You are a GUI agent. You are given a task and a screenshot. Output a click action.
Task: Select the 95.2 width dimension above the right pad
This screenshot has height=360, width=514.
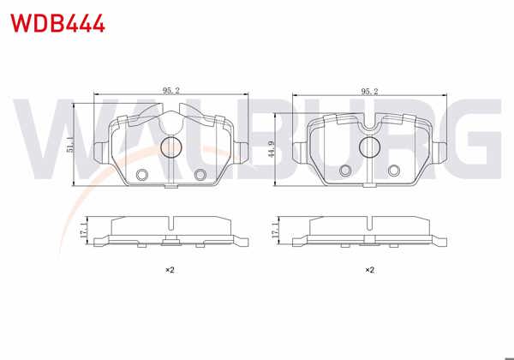click(370, 89)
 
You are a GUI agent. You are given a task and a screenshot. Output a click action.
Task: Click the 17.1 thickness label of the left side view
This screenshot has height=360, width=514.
click(82, 231)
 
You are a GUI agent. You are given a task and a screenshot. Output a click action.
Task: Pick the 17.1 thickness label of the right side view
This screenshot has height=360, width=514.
click(274, 231)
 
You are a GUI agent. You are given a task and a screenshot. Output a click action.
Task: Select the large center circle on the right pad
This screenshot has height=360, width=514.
click(370, 147)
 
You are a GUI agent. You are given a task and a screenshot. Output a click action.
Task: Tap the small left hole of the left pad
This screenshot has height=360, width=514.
click(142, 174)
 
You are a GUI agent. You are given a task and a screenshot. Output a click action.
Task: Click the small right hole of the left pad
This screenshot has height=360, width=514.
click(201, 174)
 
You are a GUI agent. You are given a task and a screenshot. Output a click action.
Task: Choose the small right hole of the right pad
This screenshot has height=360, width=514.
click(395, 169)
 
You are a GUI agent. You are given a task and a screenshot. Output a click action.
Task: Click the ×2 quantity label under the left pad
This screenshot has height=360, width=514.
click(170, 270)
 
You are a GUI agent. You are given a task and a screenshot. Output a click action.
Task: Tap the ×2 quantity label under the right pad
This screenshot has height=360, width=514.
click(369, 270)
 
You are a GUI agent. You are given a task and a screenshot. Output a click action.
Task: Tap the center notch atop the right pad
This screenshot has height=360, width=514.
click(370, 129)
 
